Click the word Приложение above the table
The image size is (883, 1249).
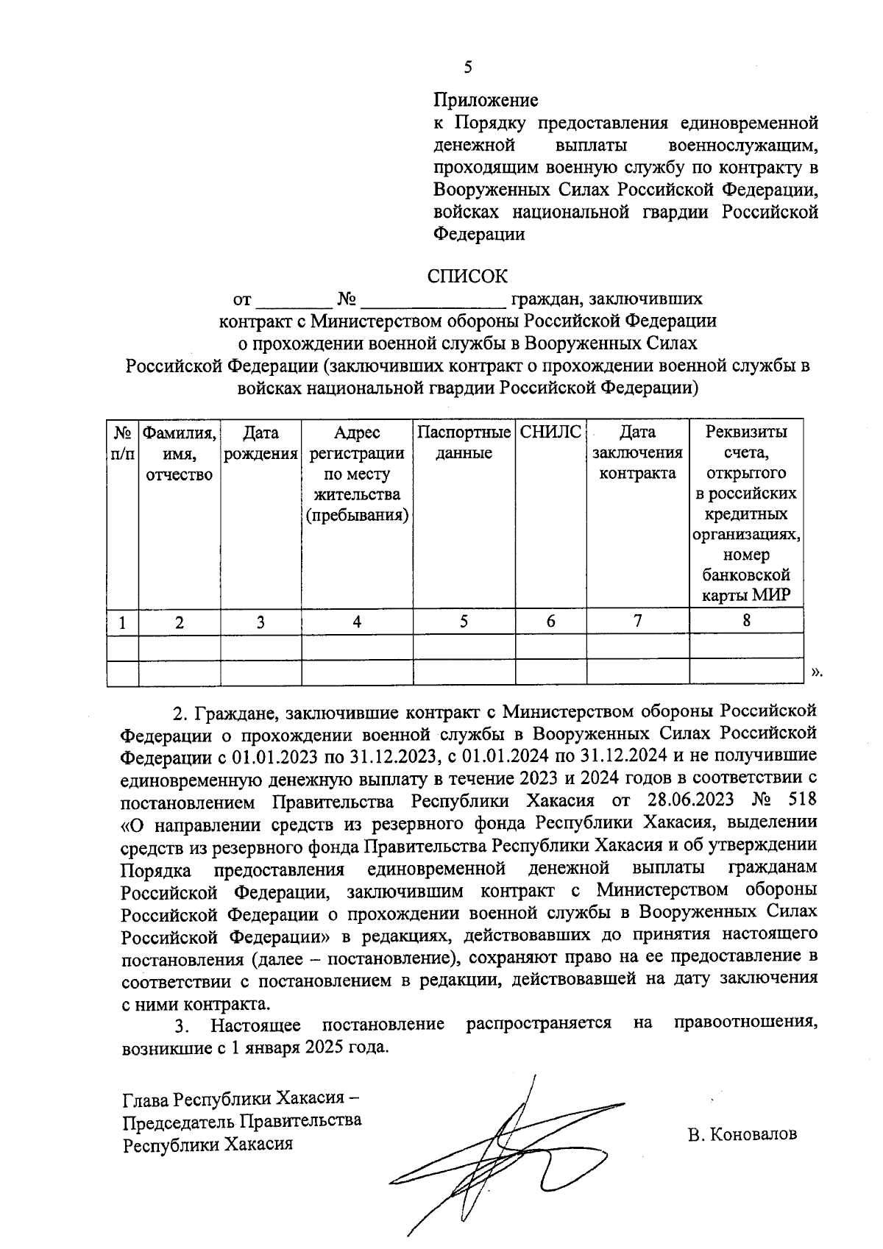(485, 100)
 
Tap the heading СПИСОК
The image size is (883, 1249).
(468, 277)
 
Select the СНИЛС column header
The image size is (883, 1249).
(550, 433)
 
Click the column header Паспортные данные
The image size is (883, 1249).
(464, 442)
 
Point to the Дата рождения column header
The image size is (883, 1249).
(260, 443)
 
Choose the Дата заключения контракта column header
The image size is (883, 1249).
(637, 452)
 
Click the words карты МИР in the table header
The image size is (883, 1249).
(746, 595)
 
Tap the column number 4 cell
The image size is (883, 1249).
(357, 622)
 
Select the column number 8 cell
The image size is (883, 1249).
(746, 621)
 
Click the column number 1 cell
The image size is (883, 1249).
(122, 623)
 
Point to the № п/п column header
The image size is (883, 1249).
(122, 443)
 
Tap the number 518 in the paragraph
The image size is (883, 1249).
(801, 800)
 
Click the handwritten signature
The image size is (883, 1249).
(500, 1155)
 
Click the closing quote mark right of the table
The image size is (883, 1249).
(815, 672)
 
